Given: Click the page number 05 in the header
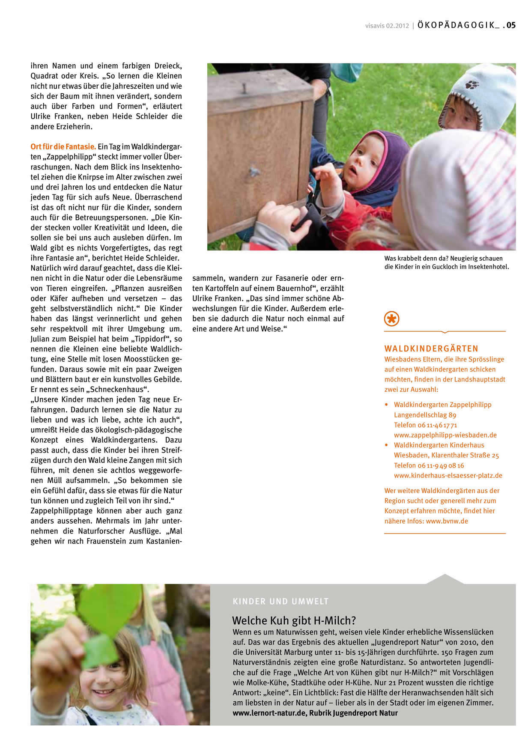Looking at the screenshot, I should click(x=511, y=25).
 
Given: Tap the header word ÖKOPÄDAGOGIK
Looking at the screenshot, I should click(x=456, y=25).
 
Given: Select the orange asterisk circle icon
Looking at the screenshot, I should click(x=391, y=319).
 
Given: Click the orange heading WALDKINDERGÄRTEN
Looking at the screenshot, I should click(x=431, y=349).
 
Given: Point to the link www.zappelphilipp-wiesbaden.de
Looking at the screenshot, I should click(x=445, y=435).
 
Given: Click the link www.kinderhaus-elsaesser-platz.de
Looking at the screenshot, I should click(x=448, y=475).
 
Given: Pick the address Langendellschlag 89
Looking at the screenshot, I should click(x=425, y=415).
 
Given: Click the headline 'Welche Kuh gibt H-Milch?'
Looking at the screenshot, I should click(x=294, y=620).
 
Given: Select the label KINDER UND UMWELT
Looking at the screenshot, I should click(x=280, y=602).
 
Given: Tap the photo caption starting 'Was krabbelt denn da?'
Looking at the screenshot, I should click(x=446, y=262).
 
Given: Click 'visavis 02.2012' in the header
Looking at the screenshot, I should click(x=387, y=26).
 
